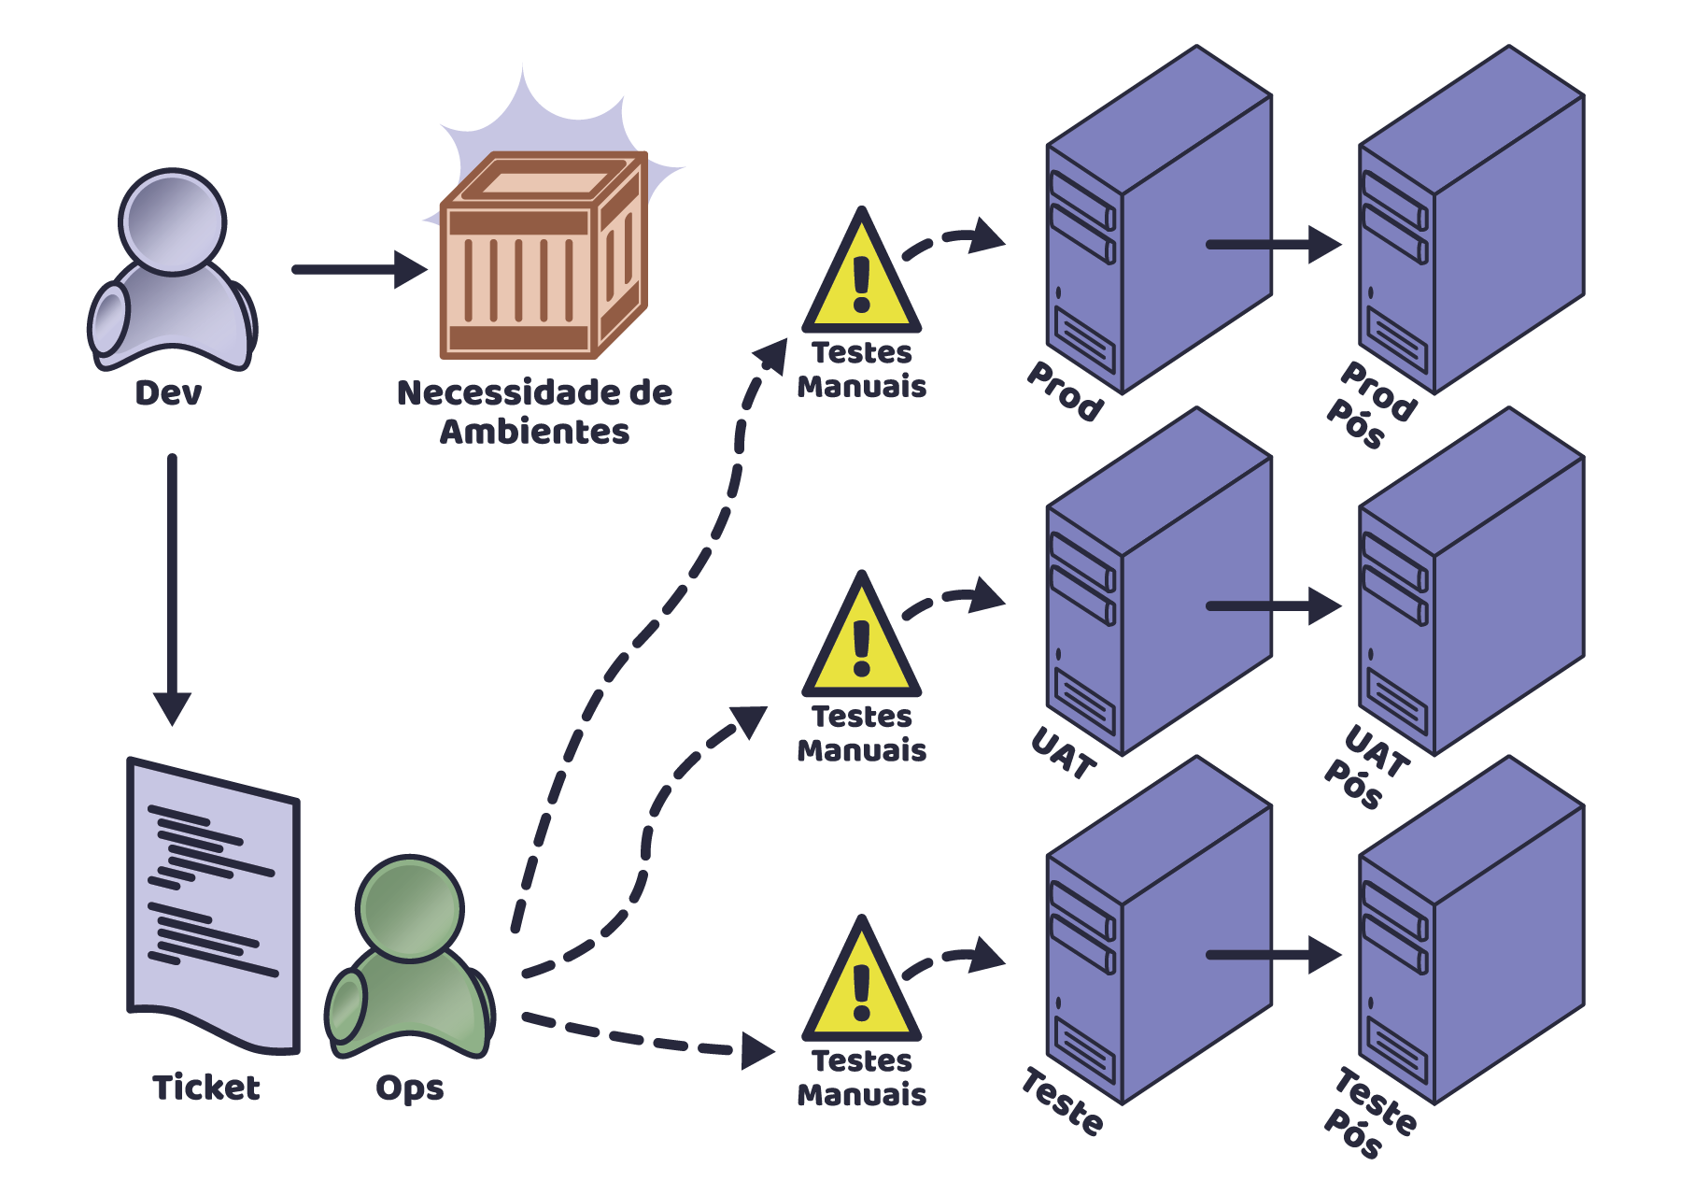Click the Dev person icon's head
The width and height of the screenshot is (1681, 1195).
point(173,222)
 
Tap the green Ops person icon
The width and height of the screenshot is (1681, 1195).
point(410,962)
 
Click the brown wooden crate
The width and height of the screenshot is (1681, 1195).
point(544,257)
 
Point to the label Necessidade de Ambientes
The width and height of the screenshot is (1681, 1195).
point(534,412)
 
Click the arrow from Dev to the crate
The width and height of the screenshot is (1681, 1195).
point(359,269)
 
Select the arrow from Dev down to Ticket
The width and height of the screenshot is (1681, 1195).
point(172,589)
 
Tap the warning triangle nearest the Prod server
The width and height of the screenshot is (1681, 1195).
point(861,276)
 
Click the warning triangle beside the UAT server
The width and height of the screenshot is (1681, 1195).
point(861,640)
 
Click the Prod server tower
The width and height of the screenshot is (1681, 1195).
point(1158,220)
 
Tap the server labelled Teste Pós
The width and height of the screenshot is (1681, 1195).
point(1471,930)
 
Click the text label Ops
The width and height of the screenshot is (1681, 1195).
point(409,1088)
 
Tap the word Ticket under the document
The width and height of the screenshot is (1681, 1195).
point(206,1088)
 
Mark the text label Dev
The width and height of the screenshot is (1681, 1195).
point(168,393)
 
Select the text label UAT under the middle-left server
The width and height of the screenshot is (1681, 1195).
point(1063,753)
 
